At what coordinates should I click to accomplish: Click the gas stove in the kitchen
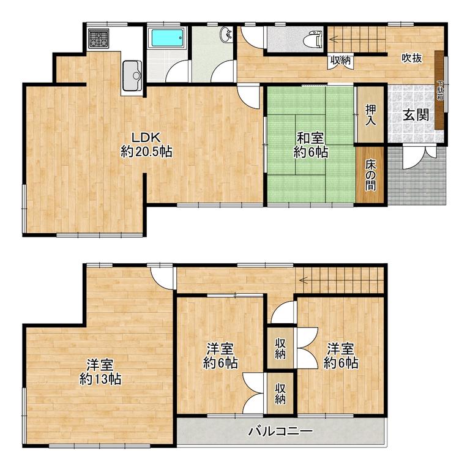99,39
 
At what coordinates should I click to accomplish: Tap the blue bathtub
166,38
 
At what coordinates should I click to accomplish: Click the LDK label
147,138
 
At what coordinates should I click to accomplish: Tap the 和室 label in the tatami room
310,139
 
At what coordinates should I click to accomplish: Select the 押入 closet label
370,115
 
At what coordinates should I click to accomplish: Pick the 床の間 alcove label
370,175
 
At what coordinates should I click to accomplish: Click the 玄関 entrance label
416,115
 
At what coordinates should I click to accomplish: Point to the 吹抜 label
412,58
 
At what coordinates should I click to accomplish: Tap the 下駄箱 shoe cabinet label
440,90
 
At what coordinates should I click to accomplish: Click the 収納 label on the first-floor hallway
340,61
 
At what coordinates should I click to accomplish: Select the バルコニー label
280,431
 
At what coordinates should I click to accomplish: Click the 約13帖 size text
100,379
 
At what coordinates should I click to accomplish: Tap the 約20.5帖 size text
146,152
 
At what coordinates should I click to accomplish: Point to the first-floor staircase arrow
357,39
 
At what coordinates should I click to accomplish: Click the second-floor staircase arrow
341,280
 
